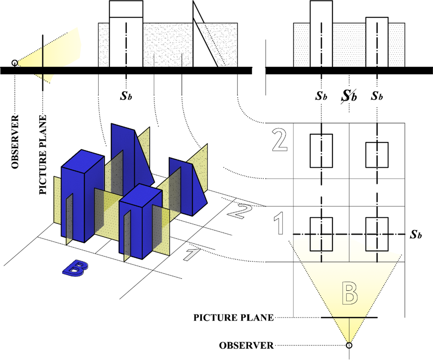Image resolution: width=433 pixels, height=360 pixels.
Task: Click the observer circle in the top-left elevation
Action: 14,63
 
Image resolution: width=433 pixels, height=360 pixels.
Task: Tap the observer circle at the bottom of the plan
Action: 349,345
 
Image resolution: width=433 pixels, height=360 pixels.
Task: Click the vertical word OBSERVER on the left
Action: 15,142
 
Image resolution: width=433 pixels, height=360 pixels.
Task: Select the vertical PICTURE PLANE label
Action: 43,155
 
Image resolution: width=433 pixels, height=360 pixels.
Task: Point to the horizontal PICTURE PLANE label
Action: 234,318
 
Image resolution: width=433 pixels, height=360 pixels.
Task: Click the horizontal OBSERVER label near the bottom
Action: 246,345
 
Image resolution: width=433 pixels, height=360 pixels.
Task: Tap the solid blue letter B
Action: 75,268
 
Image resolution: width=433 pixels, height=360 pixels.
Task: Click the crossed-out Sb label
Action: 349,96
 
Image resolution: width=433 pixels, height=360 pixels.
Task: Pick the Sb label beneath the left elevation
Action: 126,96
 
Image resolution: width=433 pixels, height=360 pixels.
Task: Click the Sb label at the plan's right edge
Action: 416,234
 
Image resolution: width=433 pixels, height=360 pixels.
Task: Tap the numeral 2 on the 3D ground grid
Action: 240,211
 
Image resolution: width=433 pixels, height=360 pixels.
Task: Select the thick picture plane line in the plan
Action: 349,318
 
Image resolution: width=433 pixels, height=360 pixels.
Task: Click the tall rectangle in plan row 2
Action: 321,151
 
